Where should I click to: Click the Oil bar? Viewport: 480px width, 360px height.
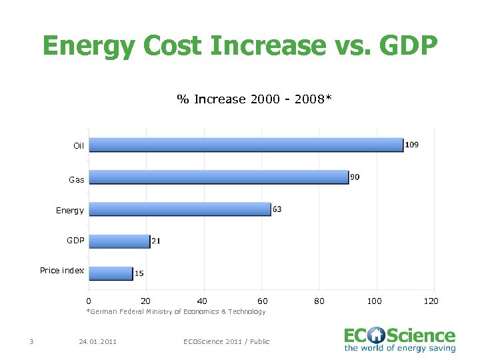click(246, 145)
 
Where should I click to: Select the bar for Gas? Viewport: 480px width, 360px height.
click(219, 177)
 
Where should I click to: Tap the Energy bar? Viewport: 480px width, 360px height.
click(180, 209)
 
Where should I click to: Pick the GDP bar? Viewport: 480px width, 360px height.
click(119, 241)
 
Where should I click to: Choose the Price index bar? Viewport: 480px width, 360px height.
click(111, 273)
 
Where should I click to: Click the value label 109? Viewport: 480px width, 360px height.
click(412, 145)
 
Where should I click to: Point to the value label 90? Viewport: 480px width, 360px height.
click(355, 177)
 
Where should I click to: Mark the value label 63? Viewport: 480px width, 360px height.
click(277, 209)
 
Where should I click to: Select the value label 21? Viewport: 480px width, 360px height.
click(156, 241)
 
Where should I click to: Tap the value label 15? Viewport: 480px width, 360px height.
click(139, 273)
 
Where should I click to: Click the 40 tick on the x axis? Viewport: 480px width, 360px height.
click(203, 301)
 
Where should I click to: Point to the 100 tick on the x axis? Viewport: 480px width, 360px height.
click(375, 301)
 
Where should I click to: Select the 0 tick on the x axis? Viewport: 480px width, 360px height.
click(89, 301)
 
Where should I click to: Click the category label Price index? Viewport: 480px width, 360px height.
click(62, 270)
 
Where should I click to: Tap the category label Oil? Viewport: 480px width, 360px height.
click(79, 145)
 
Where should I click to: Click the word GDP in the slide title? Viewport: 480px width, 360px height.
click(401, 46)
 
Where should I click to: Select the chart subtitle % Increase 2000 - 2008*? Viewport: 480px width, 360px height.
click(254, 99)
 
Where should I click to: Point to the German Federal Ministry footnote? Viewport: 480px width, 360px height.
click(176, 311)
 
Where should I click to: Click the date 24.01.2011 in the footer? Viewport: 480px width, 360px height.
click(97, 341)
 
